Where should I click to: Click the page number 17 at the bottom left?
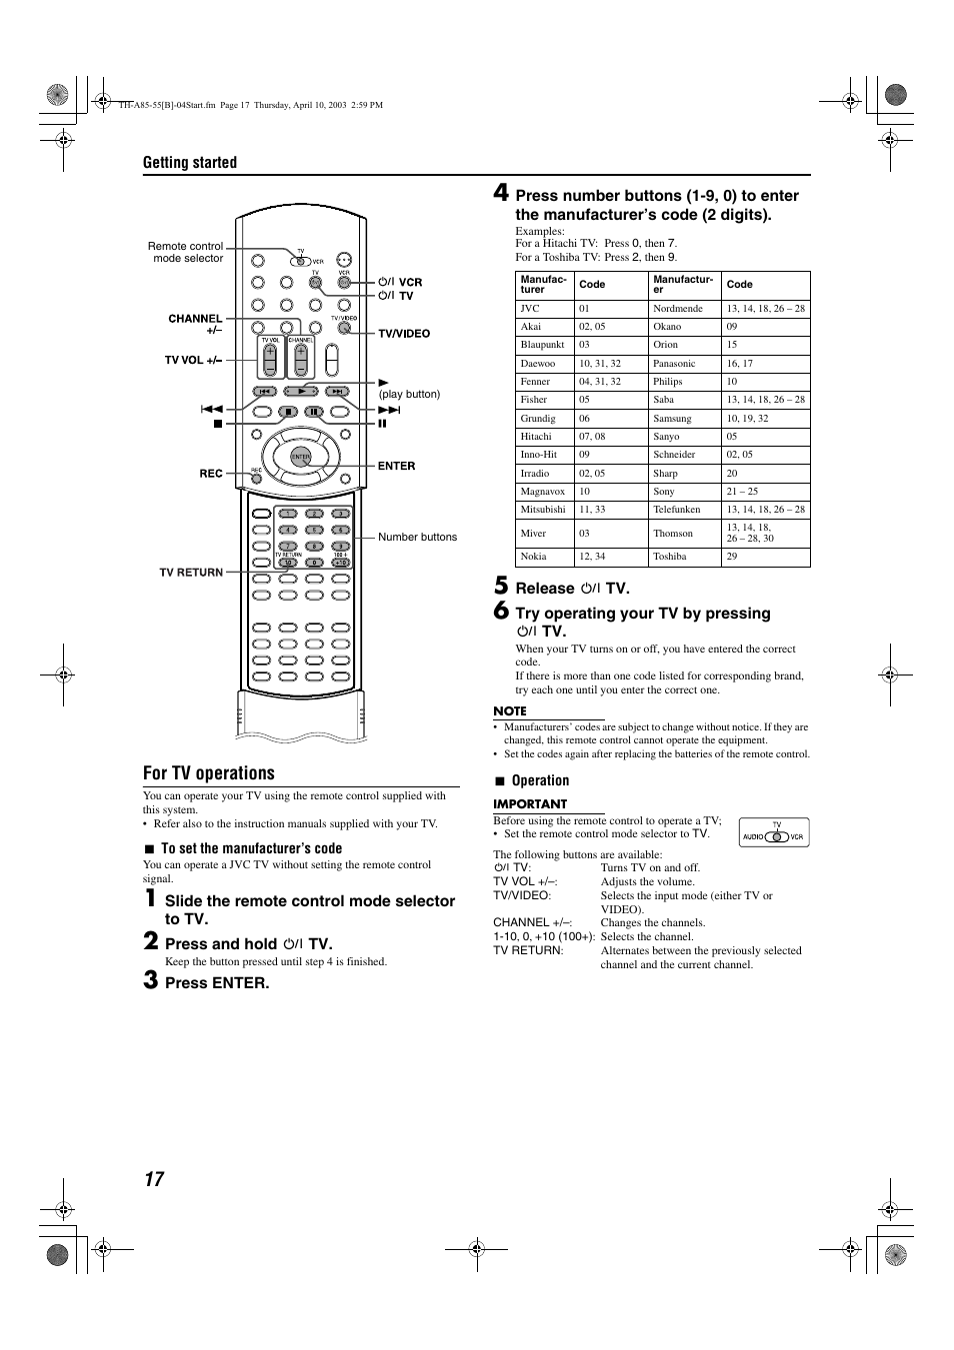[x=153, y=1179]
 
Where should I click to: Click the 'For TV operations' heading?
[x=208, y=773]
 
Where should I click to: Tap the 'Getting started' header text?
[x=190, y=163]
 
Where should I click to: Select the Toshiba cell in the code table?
[x=669, y=557]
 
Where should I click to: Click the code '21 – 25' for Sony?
[x=742, y=492]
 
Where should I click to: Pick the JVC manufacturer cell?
[x=530, y=309]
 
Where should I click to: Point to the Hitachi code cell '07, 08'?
[x=592, y=437]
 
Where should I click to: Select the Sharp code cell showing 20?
[x=732, y=474]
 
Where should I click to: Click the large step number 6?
[x=502, y=611]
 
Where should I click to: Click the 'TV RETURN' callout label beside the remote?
[x=191, y=573]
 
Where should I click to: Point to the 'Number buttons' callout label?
[x=417, y=537]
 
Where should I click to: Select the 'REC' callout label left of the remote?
[x=211, y=474]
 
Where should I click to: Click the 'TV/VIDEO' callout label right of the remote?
[x=404, y=334]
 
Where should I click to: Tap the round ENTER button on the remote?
[x=300, y=457]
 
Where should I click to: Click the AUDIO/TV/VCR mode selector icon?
[x=774, y=833]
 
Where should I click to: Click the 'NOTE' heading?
[x=510, y=711]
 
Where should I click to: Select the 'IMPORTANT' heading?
[x=530, y=804]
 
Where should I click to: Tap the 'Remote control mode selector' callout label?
[x=186, y=252]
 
